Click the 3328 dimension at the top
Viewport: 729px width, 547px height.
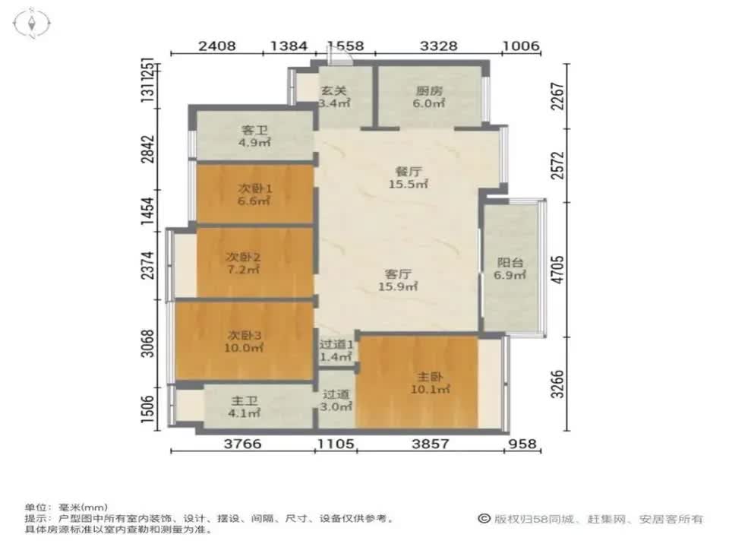point(439,46)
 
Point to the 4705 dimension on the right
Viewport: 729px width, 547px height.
point(558,270)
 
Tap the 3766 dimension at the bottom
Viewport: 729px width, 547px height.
point(243,444)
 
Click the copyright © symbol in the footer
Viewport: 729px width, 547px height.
point(484,519)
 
